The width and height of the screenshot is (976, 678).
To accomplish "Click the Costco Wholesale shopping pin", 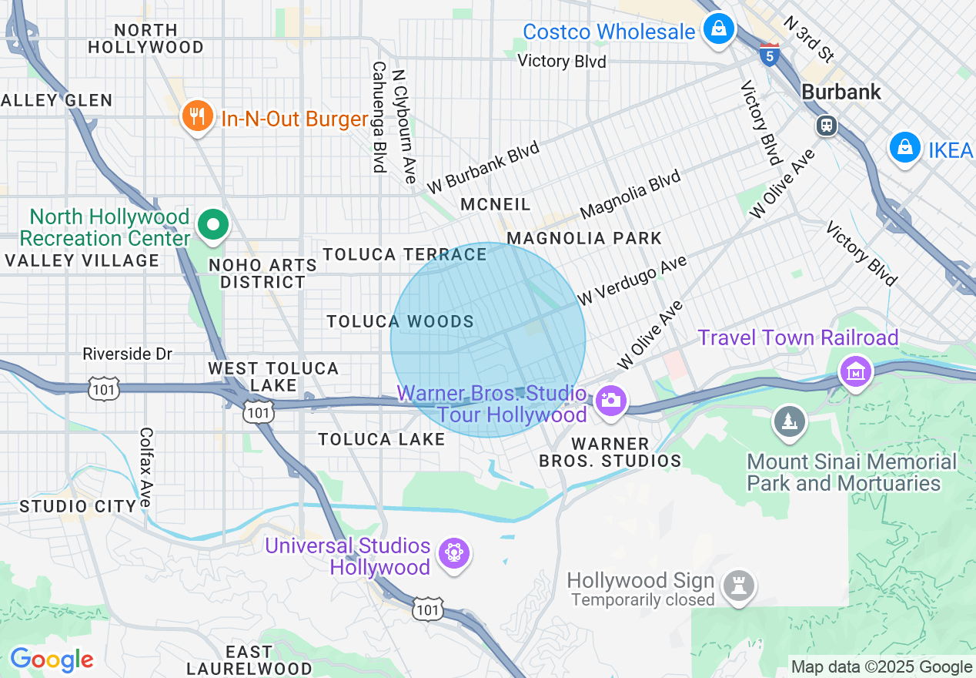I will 718,30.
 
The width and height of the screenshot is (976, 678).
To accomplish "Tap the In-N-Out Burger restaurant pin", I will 198,117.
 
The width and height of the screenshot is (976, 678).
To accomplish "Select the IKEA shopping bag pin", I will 905,147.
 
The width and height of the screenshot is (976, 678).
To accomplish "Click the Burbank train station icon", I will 827,125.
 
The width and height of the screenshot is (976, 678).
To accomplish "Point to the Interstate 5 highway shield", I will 769,54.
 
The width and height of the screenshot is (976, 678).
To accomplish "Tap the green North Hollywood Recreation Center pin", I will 213,226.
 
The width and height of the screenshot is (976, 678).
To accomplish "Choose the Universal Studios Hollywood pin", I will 453,552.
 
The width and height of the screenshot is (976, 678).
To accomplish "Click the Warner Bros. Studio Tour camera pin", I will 611,401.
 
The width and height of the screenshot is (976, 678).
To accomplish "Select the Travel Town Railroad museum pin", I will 855,372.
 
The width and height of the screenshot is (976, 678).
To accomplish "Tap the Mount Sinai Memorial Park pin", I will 789,421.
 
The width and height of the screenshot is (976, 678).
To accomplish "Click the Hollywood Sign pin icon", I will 740,586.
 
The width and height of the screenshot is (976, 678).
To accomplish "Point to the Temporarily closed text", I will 643,600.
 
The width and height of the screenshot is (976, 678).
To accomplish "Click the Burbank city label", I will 841,92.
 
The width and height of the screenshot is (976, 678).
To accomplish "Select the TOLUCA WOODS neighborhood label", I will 400,322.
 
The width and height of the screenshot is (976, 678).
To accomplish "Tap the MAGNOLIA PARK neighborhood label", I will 584,238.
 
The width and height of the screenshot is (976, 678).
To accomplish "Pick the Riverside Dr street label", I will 128,354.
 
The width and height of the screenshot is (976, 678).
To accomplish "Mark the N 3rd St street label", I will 809,38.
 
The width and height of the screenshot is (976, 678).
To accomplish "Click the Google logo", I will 52,660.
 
